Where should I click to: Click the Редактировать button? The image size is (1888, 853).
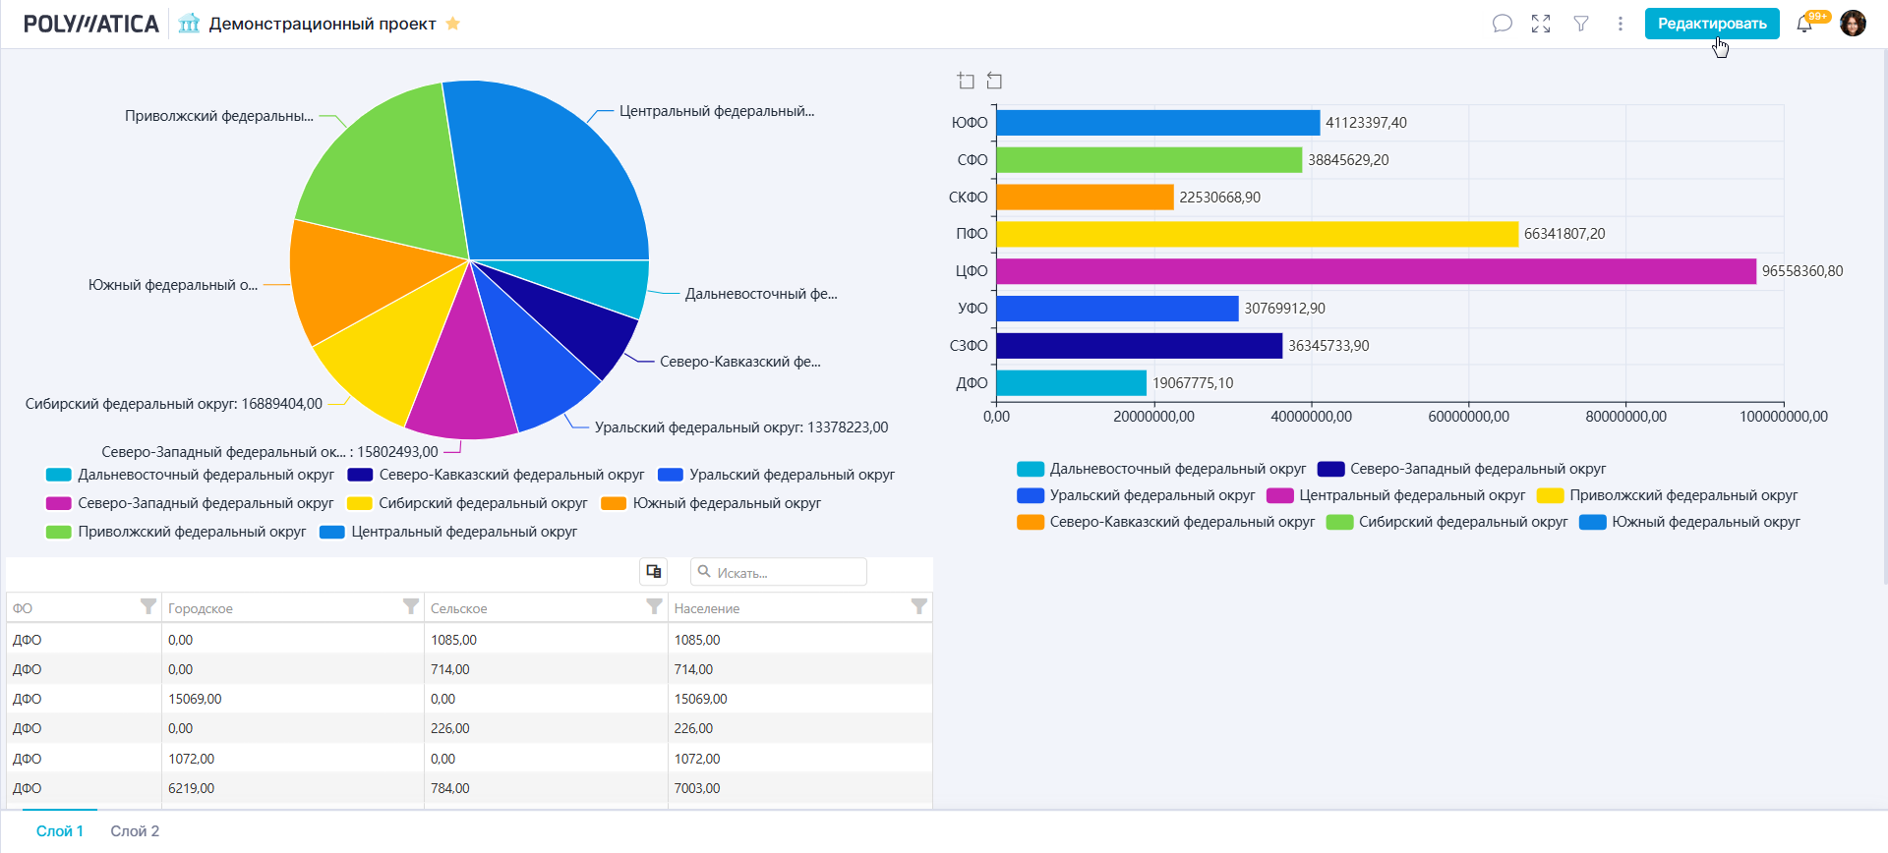(1711, 24)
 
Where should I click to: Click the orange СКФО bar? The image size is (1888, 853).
(1085, 198)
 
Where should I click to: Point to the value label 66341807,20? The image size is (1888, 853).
(1563, 234)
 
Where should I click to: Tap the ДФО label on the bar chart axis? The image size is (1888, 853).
(972, 383)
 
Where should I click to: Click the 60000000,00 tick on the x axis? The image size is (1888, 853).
(1468, 417)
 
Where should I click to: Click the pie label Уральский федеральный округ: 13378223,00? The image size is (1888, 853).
(740, 427)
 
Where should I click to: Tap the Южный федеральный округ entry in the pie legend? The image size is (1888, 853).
(726, 503)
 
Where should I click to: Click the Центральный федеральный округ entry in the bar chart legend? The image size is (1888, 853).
(1411, 495)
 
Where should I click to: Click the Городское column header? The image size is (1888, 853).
(201, 608)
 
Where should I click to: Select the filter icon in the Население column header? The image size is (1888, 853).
(918, 607)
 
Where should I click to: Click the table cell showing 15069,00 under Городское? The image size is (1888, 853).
(195, 699)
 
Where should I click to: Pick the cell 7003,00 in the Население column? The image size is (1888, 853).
(697, 788)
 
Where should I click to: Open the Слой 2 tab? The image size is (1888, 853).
(135, 831)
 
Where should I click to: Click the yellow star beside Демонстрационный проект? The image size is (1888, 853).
(453, 24)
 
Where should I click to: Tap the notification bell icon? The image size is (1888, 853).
(1803, 25)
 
